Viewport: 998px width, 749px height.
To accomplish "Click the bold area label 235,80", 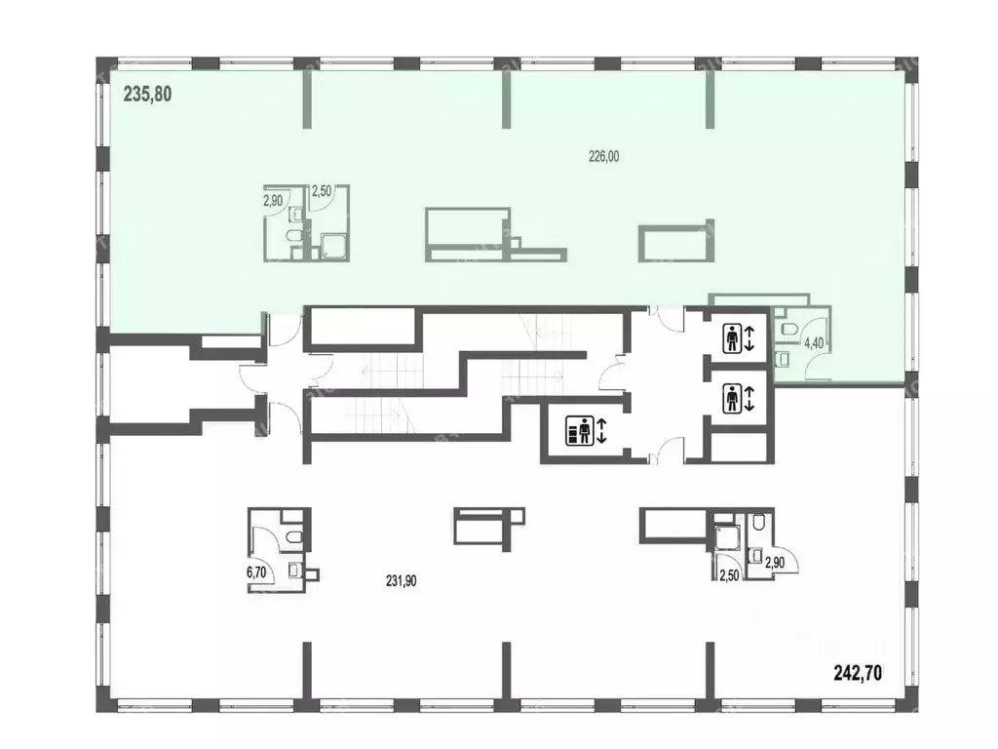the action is click(148, 95).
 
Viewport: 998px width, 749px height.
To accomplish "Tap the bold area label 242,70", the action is click(858, 673).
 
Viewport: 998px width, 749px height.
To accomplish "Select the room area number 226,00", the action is click(603, 157).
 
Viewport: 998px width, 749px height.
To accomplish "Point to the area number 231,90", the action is click(401, 581).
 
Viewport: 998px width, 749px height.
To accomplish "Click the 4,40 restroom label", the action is click(814, 343).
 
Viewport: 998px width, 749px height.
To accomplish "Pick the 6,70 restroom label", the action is click(256, 572).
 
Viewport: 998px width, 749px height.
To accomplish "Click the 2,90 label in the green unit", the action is click(273, 201).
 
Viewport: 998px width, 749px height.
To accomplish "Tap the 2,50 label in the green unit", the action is click(321, 190).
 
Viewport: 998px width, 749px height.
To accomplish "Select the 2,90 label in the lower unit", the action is click(776, 563).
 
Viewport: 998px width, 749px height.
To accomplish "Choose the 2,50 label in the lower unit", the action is click(729, 575).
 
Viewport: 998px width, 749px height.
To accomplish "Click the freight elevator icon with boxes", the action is click(579, 430).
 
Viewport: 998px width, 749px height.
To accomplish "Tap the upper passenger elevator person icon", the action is click(733, 338).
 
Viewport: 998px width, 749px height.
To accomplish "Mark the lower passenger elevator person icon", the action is click(733, 399).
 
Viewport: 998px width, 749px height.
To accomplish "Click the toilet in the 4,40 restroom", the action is click(787, 329).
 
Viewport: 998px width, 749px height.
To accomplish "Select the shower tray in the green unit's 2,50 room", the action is click(330, 247).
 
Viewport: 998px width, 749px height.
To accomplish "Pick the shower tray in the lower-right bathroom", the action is click(725, 537).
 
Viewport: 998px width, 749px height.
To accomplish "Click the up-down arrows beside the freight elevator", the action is click(602, 430).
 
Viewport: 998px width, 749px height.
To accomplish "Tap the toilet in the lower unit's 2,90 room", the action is click(757, 523).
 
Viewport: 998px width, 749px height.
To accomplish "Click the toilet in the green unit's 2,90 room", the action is click(295, 237).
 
